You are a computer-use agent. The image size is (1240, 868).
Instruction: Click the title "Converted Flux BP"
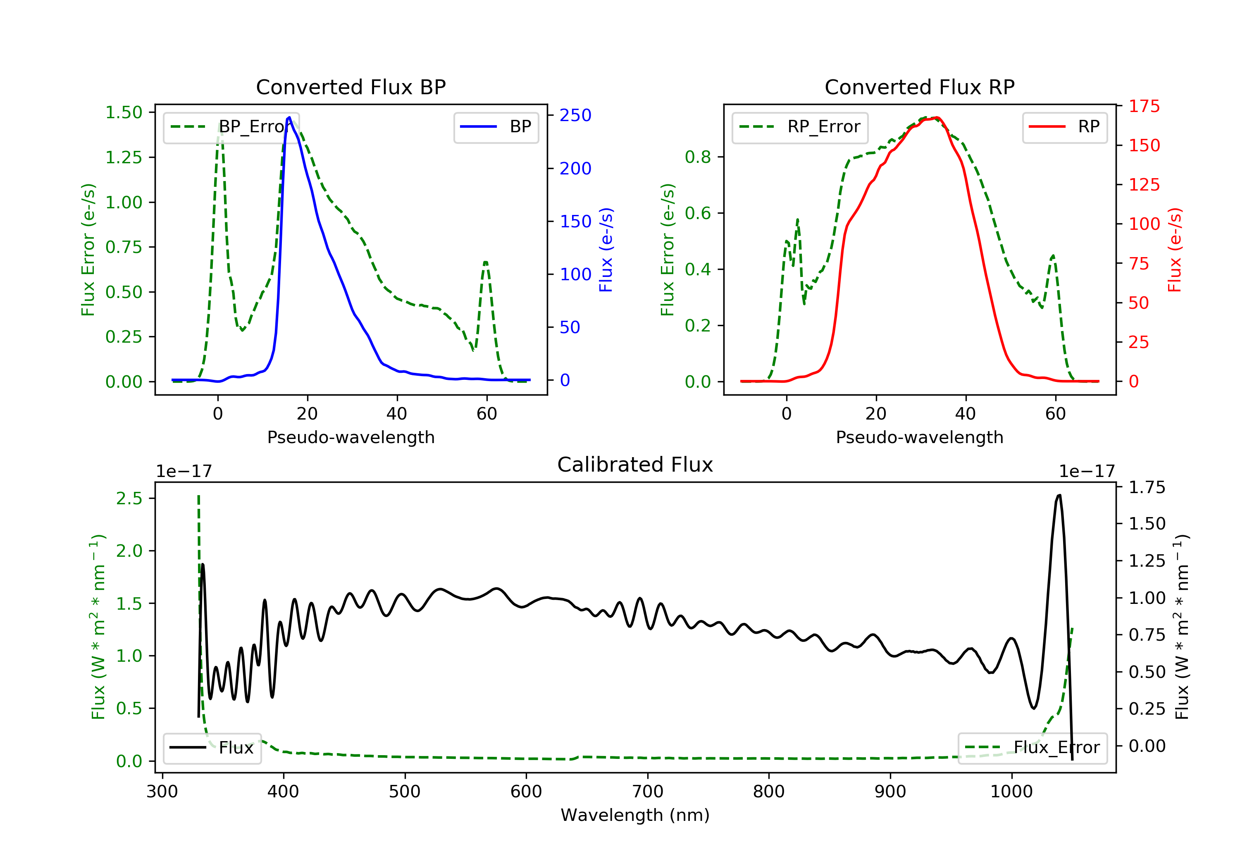coord(351,87)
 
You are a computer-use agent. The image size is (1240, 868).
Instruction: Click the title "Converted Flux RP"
coord(919,87)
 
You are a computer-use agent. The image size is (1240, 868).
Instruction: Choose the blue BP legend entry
coord(496,127)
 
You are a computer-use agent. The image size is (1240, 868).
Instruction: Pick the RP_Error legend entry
coord(799,127)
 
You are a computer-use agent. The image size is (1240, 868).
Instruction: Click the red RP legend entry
coord(1064,127)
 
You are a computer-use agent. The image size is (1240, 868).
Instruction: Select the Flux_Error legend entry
coord(1032,748)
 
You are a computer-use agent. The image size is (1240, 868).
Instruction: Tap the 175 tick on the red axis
coord(1144,106)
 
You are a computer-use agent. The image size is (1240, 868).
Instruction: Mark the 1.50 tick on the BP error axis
coord(124,112)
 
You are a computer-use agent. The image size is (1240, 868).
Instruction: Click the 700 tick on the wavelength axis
coord(647,792)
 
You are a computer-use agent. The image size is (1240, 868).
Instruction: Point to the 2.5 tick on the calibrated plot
coord(129,498)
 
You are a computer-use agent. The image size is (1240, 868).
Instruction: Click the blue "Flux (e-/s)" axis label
coord(606,250)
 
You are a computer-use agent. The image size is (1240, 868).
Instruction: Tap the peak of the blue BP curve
coord(289,117)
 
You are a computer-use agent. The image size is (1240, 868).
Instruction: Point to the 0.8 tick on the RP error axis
coord(698,157)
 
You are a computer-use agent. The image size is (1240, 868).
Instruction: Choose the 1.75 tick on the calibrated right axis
coord(1147,488)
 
